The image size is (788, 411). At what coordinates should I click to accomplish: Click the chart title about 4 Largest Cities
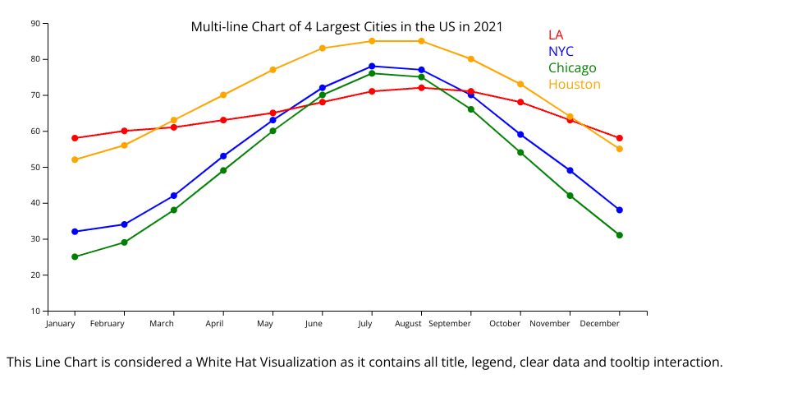(x=346, y=26)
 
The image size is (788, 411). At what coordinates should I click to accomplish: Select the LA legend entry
(x=556, y=35)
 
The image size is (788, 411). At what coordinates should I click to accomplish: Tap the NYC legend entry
(x=561, y=51)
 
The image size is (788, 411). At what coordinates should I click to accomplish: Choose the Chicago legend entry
(x=572, y=67)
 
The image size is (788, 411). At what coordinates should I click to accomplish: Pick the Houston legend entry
(x=574, y=84)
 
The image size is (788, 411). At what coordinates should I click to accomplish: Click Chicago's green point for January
(x=75, y=256)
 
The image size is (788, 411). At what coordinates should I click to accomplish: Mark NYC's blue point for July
(x=372, y=66)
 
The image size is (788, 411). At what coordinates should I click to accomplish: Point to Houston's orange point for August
(x=421, y=41)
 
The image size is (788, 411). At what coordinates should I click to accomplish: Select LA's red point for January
(x=75, y=138)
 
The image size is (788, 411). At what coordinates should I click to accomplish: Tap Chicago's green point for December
(x=620, y=235)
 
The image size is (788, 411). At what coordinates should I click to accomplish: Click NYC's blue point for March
(x=174, y=196)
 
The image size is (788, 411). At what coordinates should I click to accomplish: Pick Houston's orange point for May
(x=273, y=70)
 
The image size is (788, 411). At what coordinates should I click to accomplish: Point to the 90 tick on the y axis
(x=35, y=23)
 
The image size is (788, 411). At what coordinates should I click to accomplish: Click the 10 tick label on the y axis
(x=35, y=311)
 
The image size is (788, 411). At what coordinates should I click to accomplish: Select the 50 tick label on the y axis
(x=35, y=167)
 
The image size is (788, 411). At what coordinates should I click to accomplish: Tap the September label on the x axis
(x=450, y=324)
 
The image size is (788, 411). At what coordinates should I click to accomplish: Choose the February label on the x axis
(x=108, y=324)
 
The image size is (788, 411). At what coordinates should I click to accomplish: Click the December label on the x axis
(x=600, y=324)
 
